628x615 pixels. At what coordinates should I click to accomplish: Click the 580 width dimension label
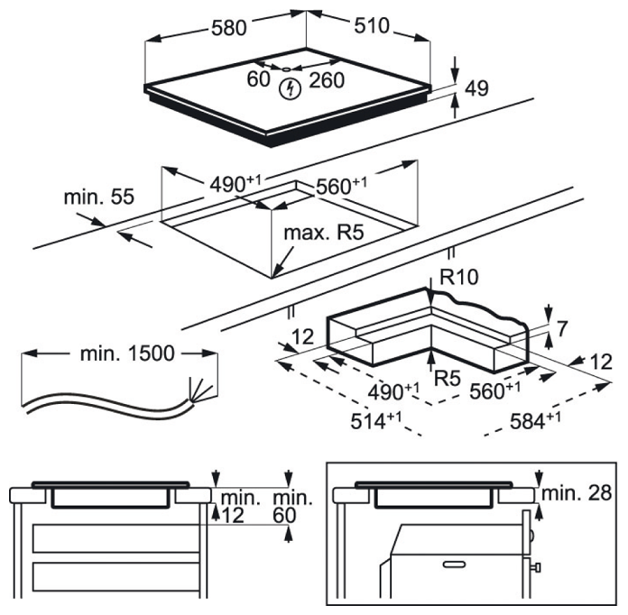pyautogui.click(x=228, y=29)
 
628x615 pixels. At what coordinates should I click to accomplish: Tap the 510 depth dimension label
pyautogui.click(x=372, y=25)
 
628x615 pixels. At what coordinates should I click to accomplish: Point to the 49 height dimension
pyautogui.click(x=476, y=88)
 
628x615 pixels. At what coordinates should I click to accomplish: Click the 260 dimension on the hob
pyautogui.click(x=327, y=80)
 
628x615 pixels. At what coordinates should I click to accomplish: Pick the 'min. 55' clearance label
pyautogui.click(x=99, y=197)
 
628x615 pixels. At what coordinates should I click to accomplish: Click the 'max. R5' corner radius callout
pyautogui.click(x=324, y=233)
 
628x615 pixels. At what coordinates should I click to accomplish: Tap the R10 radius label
pyautogui.click(x=459, y=277)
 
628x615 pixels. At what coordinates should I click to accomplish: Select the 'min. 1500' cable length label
pyautogui.click(x=127, y=353)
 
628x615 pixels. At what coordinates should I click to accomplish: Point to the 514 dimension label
pyautogui.click(x=375, y=420)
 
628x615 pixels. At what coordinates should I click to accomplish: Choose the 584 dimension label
pyautogui.click(x=535, y=420)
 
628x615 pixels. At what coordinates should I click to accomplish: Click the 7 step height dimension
pyautogui.click(x=562, y=329)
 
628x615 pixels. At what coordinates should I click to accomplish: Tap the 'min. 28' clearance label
pyautogui.click(x=577, y=493)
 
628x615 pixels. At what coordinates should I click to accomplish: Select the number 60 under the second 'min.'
pyautogui.click(x=284, y=515)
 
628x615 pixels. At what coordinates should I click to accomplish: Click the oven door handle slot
pyautogui.click(x=454, y=565)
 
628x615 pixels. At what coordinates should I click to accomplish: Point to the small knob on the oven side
pyautogui.click(x=536, y=567)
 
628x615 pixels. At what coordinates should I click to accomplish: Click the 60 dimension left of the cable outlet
pyautogui.click(x=258, y=78)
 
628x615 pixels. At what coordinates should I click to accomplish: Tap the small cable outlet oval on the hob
pyautogui.click(x=285, y=69)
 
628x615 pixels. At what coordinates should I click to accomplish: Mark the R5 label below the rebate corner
pyautogui.click(x=448, y=378)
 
